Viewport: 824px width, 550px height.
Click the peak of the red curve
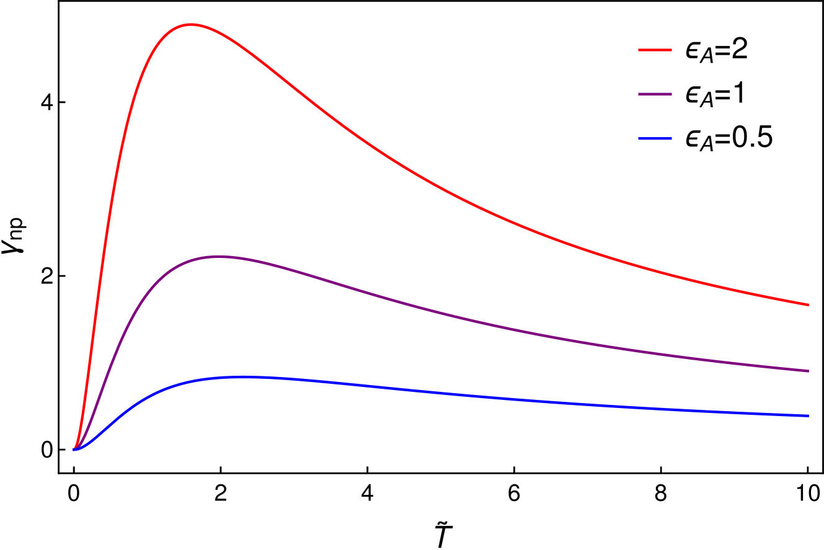(191, 24)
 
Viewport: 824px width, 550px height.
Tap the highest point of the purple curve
(219, 256)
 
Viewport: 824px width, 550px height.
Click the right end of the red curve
(809, 305)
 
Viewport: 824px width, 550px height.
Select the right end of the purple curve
(809, 371)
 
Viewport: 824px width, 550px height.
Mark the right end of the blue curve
(809, 415)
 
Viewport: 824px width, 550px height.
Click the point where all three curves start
(74, 450)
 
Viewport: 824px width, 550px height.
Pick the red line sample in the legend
(655, 50)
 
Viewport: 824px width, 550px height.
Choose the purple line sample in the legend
(655, 94)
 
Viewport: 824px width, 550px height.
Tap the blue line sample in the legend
(655, 138)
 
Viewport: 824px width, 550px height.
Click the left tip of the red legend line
(639, 50)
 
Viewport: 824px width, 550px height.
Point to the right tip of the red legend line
(671, 50)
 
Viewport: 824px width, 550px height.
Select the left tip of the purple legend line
(639, 94)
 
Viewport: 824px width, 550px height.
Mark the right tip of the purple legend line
(671, 94)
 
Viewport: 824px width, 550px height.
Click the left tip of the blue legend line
(639, 138)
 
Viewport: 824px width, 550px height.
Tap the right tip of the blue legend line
(671, 138)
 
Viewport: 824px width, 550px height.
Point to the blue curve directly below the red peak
(191, 382)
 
